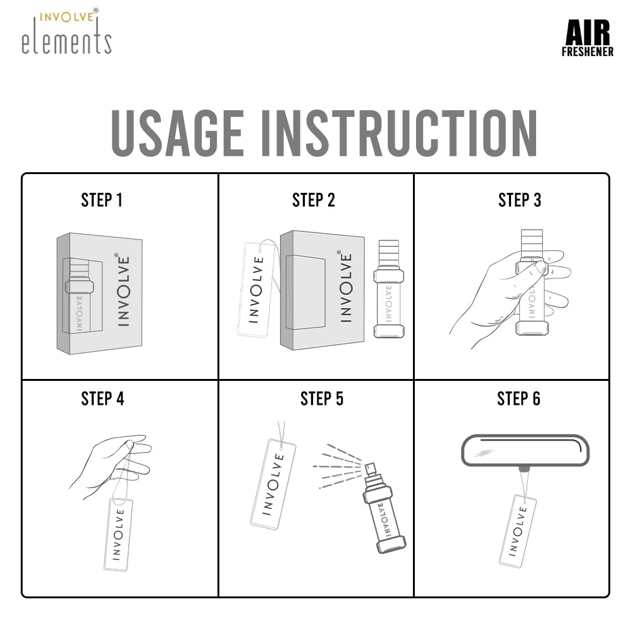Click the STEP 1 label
pos(102,200)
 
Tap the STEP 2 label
pos(314,200)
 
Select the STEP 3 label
pos(519,200)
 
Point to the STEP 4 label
pos(102,398)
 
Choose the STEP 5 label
pos(321,398)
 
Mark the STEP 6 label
pos(519,398)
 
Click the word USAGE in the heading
pos(177,133)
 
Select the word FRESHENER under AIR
pos(587,52)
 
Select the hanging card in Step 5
pos(273,484)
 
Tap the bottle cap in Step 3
pos(532,242)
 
